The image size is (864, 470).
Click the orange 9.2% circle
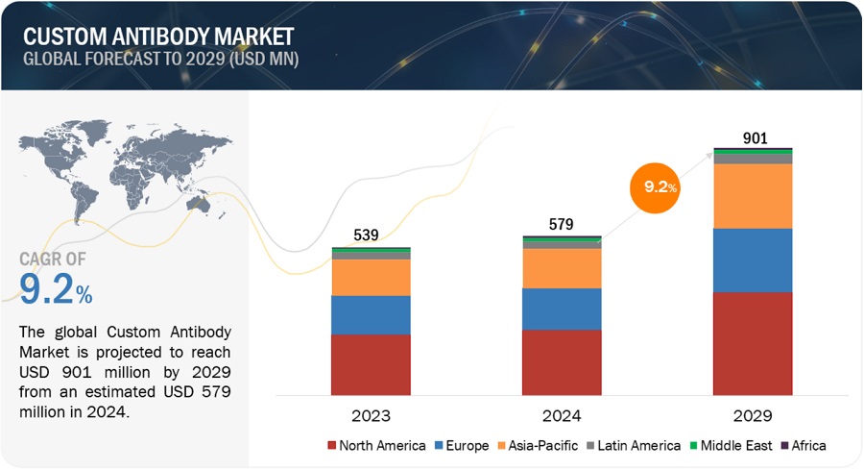pyautogui.click(x=655, y=187)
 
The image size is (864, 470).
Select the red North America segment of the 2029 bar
pyautogui.click(x=753, y=343)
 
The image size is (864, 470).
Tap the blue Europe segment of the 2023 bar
pyautogui.click(x=371, y=315)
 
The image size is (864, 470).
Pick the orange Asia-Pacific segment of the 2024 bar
pyautogui.click(x=562, y=268)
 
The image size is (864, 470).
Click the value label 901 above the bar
pyautogui.click(x=756, y=138)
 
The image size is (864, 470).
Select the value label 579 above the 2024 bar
pyautogui.click(x=562, y=225)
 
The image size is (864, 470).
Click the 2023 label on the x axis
pyautogui.click(x=371, y=415)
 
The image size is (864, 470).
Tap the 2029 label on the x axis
pyautogui.click(x=753, y=415)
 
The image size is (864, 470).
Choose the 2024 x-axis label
pyautogui.click(x=562, y=415)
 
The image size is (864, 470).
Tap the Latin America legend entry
pyautogui.click(x=632, y=445)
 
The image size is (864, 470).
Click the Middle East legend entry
pyautogui.click(x=731, y=445)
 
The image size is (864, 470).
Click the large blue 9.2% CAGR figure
pyautogui.click(x=56, y=288)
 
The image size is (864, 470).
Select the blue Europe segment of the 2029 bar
pyautogui.click(x=753, y=260)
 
